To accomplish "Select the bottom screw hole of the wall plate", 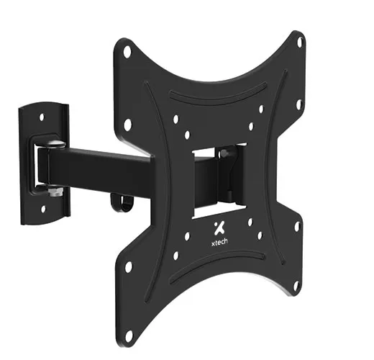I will [42, 208].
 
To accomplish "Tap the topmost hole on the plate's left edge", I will [127, 52].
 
